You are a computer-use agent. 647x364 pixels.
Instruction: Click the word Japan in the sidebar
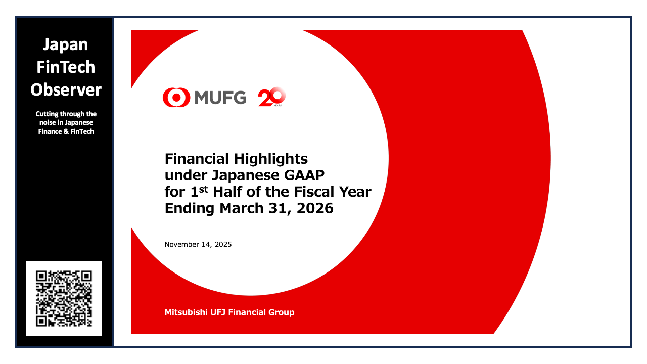66,45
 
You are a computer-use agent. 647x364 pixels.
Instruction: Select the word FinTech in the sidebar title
66,67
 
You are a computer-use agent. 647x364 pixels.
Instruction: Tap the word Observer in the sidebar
66,90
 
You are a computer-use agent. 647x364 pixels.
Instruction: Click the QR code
64,298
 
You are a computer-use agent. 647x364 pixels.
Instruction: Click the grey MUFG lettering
220,98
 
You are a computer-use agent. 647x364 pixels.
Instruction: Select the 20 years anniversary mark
272,97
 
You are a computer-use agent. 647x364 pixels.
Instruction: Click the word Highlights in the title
270,159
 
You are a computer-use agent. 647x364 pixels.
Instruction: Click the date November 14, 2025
198,245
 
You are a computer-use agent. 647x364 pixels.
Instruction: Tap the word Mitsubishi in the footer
184,312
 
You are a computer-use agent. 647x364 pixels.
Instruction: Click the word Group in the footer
282,312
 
